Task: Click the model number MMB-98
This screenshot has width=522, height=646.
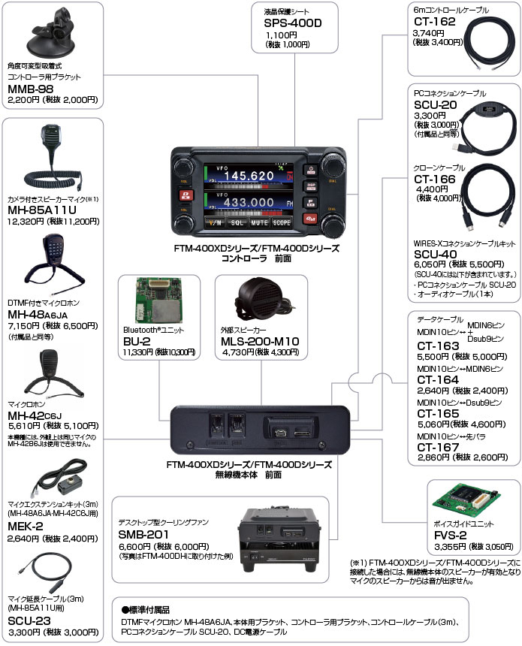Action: (29, 89)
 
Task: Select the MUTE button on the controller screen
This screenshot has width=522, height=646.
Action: (260, 223)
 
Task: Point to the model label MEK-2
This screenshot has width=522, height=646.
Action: (25, 525)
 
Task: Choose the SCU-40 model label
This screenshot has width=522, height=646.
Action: (435, 255)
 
